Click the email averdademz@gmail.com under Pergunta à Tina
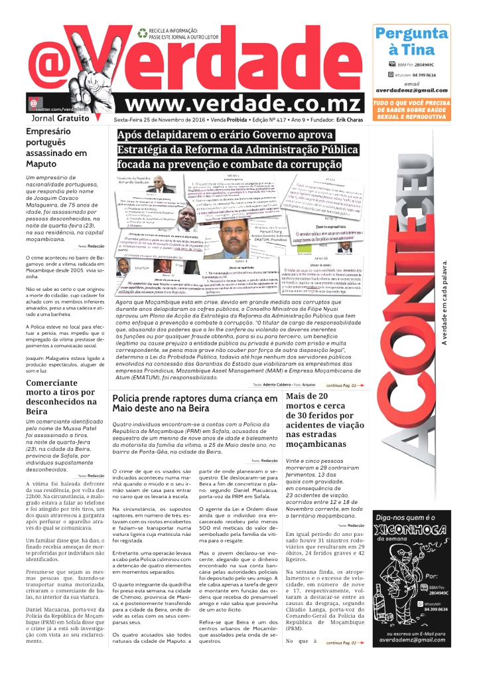coord(411,90)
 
